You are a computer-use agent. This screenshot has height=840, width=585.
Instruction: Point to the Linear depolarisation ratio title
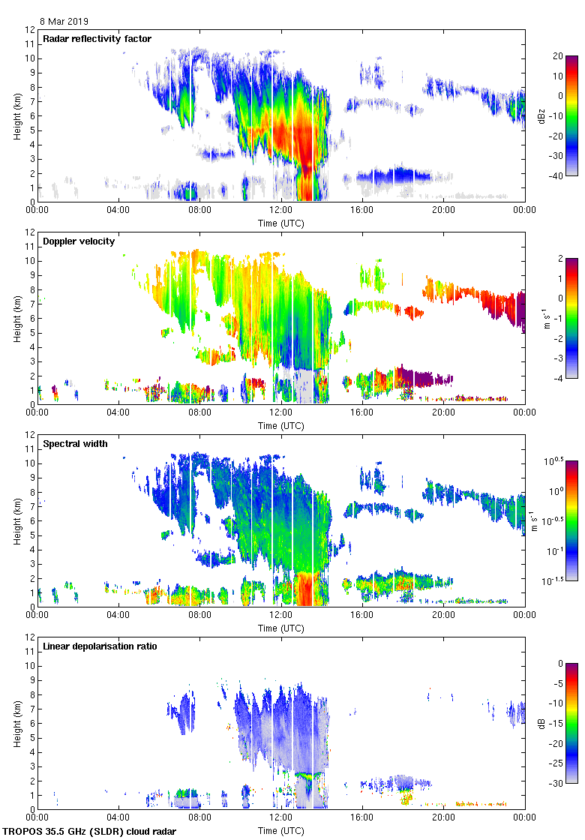coord(100,646)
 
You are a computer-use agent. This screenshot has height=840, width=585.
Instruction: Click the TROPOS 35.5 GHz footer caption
coord(91,832)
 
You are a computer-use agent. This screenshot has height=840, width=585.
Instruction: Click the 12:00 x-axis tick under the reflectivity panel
coord(280,211)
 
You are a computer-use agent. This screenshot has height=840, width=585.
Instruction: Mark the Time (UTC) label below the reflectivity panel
coord(280,223)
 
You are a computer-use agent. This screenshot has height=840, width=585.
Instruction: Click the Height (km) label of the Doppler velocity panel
coord(16,318)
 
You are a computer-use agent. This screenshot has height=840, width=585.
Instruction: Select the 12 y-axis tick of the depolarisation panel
coord(28,637)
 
